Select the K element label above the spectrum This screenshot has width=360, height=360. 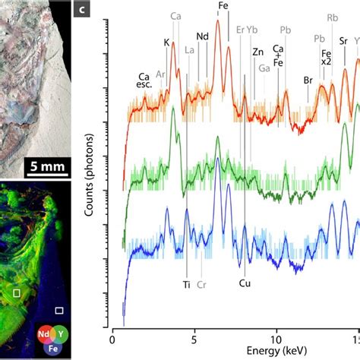(x=166, y=43)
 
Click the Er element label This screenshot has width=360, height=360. (x=241, y=30)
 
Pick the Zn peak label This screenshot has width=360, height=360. (x=257, y=52)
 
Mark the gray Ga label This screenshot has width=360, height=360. (x=264, y=68)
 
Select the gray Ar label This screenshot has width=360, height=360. (x=160, y=74)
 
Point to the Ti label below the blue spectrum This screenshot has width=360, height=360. (x=187, y=286)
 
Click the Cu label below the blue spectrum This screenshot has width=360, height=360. (x=245, y=286)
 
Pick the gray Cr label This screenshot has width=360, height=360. (x=202, y=286)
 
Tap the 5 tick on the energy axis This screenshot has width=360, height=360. (x=194, y=332)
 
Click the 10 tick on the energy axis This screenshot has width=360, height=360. (x=276, y=332)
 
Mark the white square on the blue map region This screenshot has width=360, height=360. (x=59, y=310)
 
